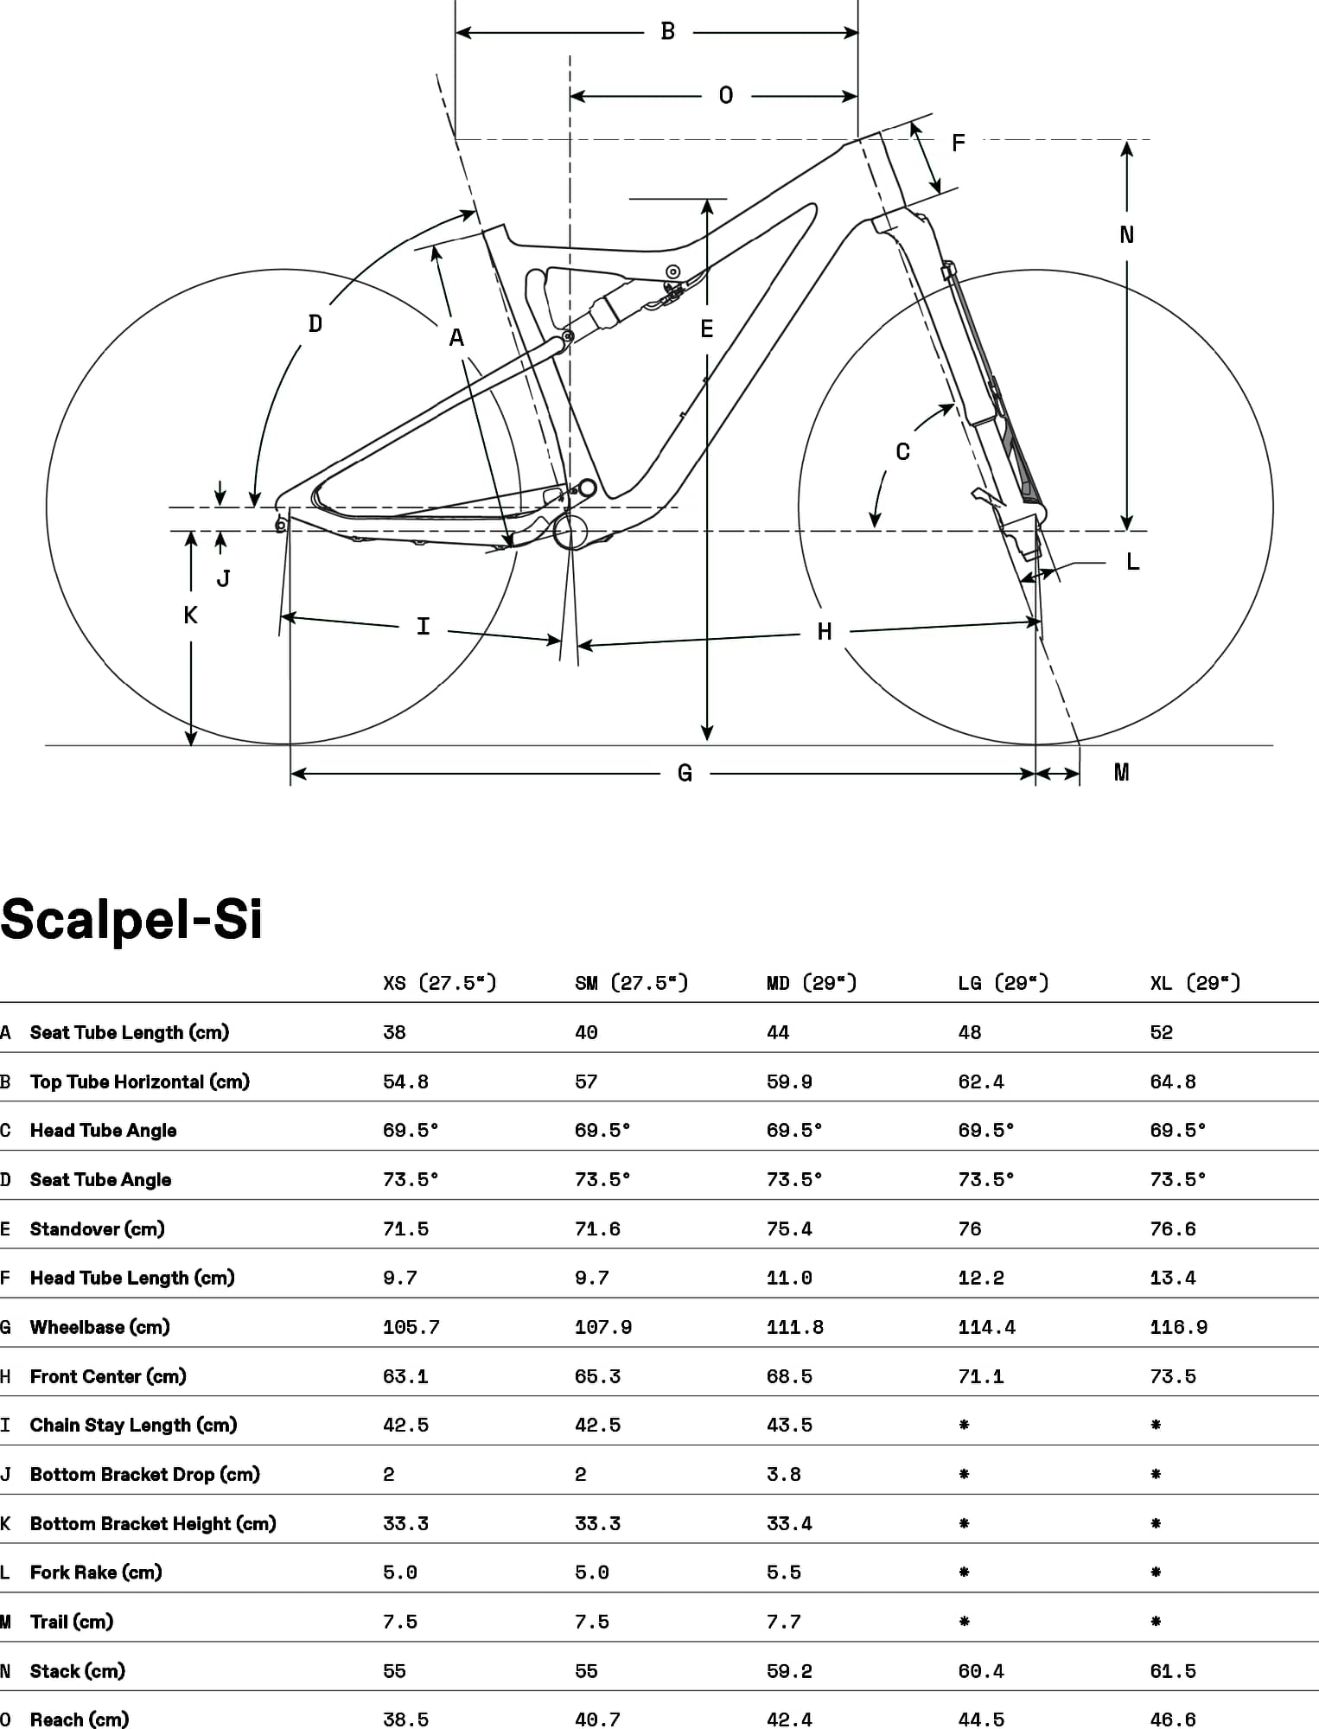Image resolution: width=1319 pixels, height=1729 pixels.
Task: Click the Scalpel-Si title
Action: (x=131, y=918)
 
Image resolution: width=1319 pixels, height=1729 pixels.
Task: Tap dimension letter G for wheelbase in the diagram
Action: (x=685, y=773)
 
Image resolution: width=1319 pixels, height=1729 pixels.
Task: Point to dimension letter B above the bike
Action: (x=667, y=32)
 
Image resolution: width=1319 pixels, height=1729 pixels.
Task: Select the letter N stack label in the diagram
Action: (x=1126, y=234)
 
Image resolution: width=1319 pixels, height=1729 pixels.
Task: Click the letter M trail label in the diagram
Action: (x=1121, y=772)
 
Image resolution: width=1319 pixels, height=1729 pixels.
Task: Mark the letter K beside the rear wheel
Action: (x=190, y=615)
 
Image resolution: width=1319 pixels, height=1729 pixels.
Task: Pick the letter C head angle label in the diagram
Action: (x=902, y=451)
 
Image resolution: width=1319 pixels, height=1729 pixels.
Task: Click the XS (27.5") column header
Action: (x=440, y=983)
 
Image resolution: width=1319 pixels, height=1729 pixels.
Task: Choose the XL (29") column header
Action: (x=1195, y=983)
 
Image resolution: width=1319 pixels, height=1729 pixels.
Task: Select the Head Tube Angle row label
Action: (x=103, y=1131)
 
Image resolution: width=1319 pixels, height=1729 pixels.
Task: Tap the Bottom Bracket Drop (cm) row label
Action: (x=145, y=1474)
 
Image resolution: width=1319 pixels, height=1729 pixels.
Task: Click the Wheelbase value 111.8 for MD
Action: (x=795, y=1327)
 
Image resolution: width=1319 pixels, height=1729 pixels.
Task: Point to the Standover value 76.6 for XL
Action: (x=1173, y=1228)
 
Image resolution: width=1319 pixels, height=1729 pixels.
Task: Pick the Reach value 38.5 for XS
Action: (x=405, y=1719)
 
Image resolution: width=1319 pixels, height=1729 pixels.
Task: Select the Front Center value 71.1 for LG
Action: (x=981, y=1376)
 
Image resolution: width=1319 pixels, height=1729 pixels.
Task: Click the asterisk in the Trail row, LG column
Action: (x=964, y=1621)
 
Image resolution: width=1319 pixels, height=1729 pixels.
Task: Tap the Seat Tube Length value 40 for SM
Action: (x=586, y=1032)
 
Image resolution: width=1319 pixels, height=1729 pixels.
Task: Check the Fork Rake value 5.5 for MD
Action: (x=784, y=1573)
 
